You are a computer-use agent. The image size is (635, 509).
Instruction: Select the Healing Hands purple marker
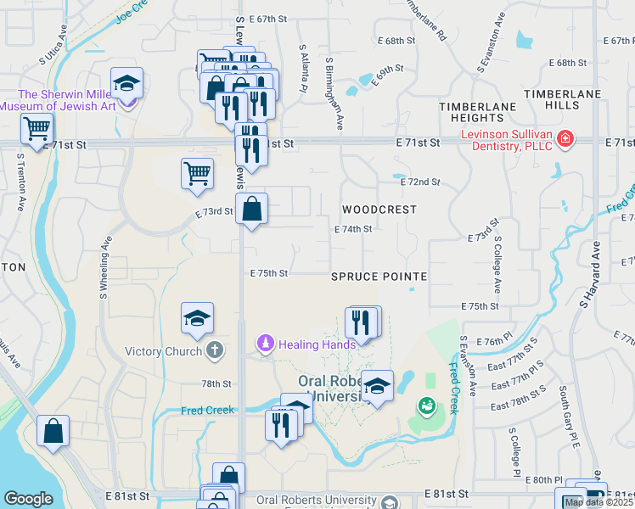tap(265, 344)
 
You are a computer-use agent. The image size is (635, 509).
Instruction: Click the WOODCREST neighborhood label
tap(379, 209)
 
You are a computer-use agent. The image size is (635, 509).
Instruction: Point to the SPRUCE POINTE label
tap(379, 277)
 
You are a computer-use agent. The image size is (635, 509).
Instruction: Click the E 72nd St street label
tap(418, 182)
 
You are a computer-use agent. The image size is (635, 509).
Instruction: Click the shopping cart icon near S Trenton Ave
tap(37, 129)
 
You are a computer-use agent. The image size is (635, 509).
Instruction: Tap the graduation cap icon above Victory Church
tap(197, 318)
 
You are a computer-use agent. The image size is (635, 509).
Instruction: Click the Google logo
tap(28, 499)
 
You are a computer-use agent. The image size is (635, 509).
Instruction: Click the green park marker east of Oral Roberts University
tap(424, 406)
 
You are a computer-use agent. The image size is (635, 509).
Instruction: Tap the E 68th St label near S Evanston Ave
tap(568, 63)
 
